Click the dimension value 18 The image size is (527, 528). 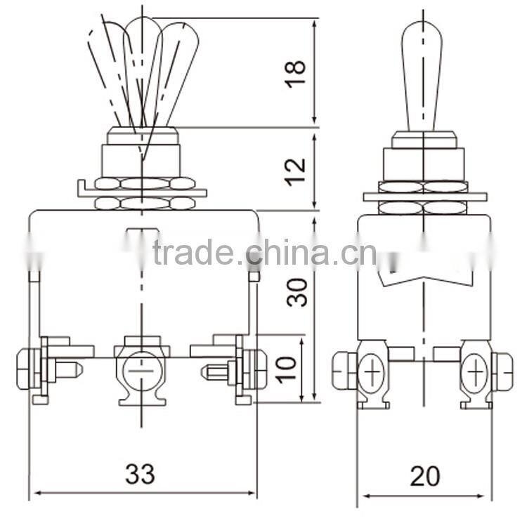click(297, 72)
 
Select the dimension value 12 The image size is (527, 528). click(297, 169)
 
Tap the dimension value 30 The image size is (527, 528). click(298, 291)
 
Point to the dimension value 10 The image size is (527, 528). click(286, 368)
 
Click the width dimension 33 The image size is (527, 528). click(141, 475)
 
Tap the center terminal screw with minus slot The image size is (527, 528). click(141, 370)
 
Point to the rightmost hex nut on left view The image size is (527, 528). click(259, 369)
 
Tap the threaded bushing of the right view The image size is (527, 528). click(423, 163)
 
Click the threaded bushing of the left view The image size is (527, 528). click(142, 160)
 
